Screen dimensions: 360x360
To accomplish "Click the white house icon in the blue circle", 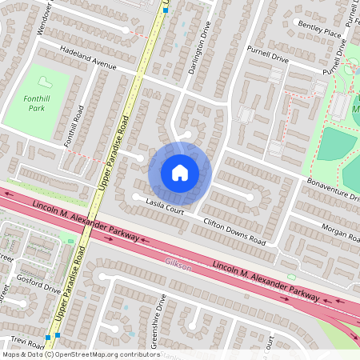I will coord(180,173).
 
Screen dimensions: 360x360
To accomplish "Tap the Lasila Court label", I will coord(166,207).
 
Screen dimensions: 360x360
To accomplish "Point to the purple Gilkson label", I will coord(177,263).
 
